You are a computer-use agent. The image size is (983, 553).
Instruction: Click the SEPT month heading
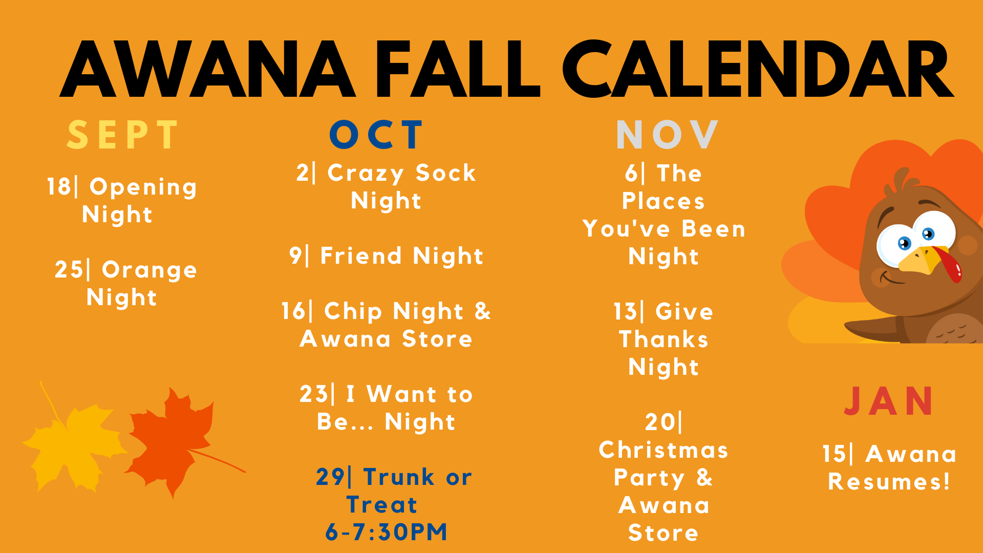pyautogui.click(x=123, y=135)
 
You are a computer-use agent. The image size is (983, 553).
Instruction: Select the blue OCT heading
pyautogui.click(x=377, y=135)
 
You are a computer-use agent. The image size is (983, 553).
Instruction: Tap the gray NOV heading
pyautogui.click(x=668, y=135)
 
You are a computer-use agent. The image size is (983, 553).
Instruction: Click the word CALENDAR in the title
pyautogui.click(x=758, y=69)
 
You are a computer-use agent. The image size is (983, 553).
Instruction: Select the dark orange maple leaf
pyautogui.click(x=174, y=443)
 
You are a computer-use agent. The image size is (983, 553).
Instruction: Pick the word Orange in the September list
pyautogui.click(x=149, y=270)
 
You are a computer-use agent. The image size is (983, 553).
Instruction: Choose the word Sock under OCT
pyautogui.click(x=446, y=173)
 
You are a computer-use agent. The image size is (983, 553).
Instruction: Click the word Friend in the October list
pyautogui.click(x=361, y=256)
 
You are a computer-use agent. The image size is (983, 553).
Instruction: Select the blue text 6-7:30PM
pyautogui.click(x=387, y=532)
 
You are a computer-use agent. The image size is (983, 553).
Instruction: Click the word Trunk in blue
pyautogui.click(x=399, y=477)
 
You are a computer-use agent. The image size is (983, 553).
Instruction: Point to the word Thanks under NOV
pyautogui.click(x=664, y=339)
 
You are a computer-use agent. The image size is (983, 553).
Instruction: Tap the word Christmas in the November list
pyautogui.click(x=664, y=450)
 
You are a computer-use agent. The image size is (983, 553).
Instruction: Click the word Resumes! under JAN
pyautogui.click(x=889, y=482)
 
